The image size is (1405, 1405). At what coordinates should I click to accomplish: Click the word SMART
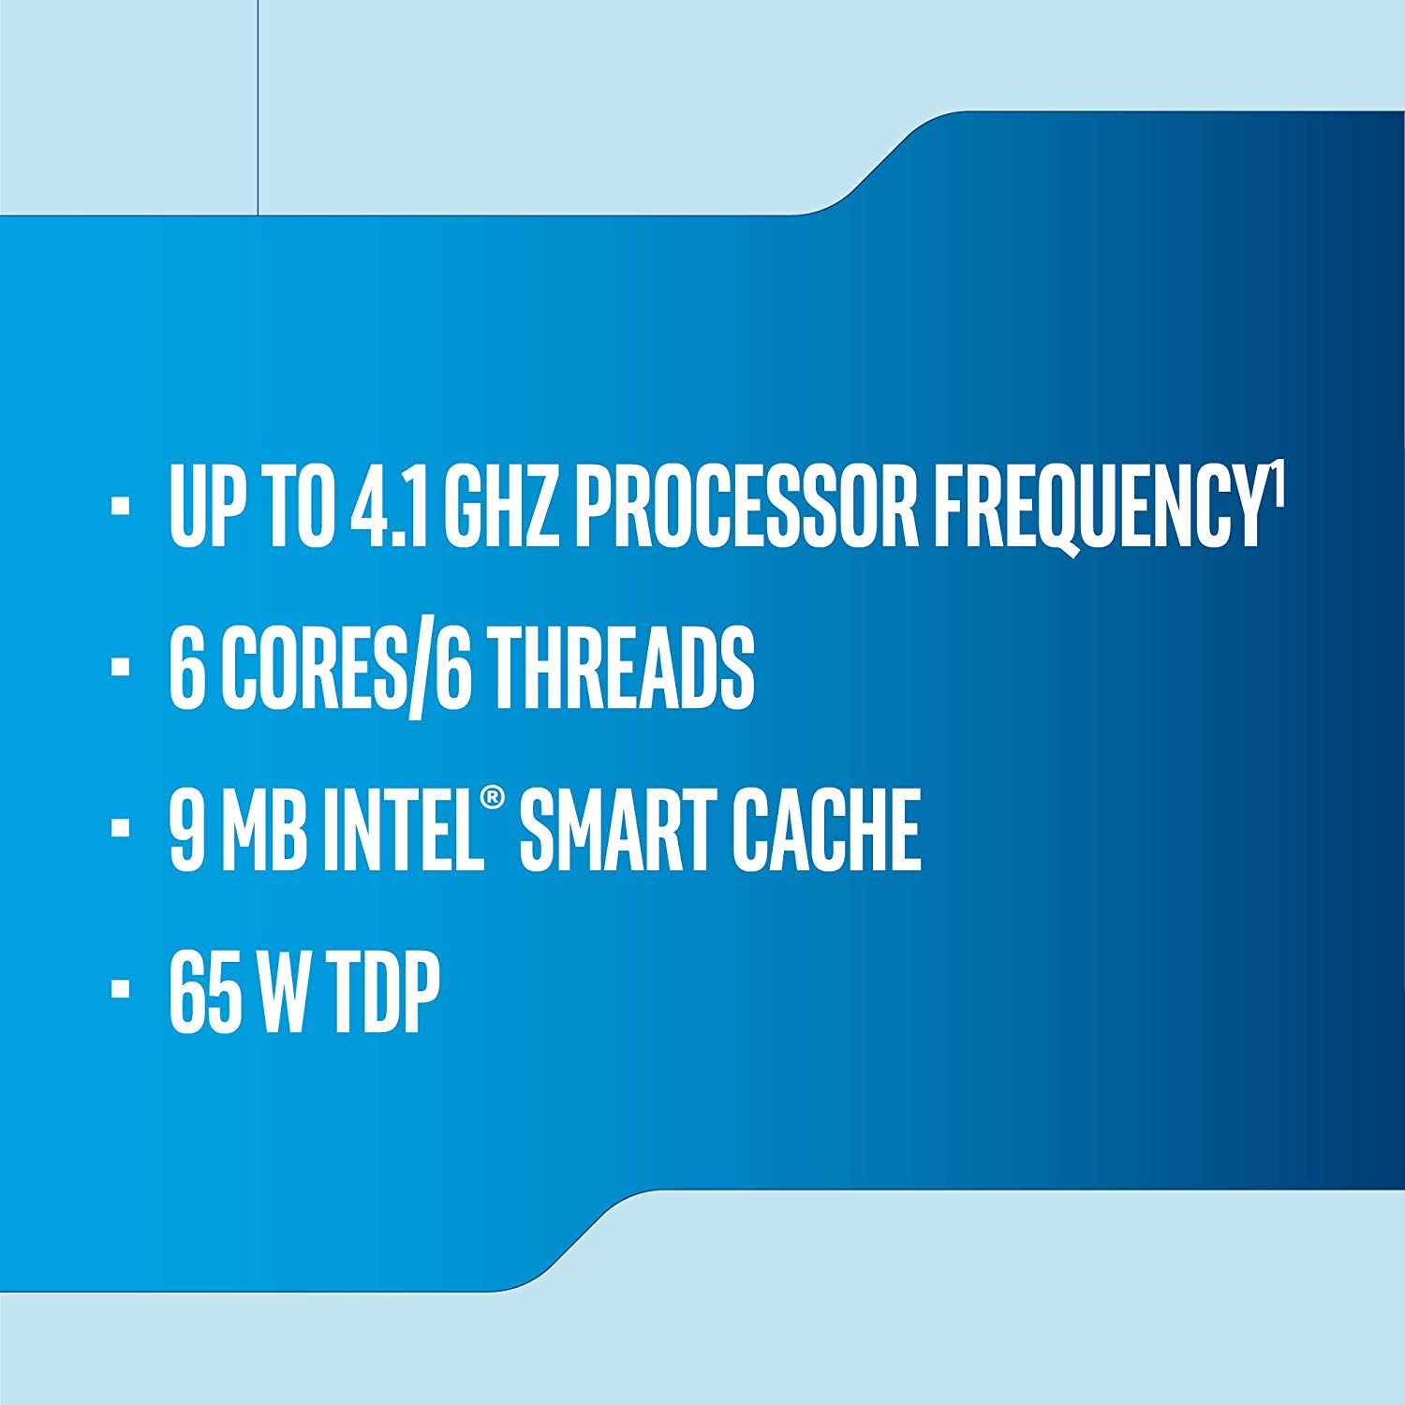pyautogui.click(x=618, y=830)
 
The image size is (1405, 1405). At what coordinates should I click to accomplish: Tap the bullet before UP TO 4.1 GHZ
pyautogui.click(x=119, y=507)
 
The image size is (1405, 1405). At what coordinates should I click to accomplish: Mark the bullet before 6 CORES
pyautogui.click(x=119, y=668)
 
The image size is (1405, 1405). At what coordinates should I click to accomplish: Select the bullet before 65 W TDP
pyautogui.click(x=119, y=990)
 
